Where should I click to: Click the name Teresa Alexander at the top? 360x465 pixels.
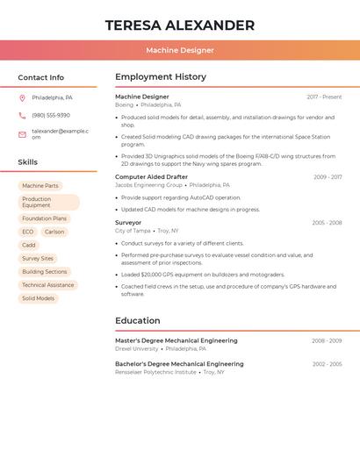click(x=180, y=25)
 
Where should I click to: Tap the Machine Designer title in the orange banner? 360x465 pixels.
click(x=180, y=50)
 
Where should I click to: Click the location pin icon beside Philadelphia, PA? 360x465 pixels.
click(x=22, y=97)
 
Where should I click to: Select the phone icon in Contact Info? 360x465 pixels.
click(x=22, y=115)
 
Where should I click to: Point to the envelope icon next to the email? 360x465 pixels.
click(x=22, y=134)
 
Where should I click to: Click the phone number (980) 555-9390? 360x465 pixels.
click(x=51, y=115)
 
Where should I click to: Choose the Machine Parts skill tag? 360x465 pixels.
click(x=40, y=186)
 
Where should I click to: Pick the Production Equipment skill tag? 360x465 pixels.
click(x=48, y=203)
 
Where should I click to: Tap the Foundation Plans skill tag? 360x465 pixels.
click(x=44, y=218)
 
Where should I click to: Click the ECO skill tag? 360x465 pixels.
click(x=28, y=232)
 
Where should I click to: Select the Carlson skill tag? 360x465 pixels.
click(x=54, y=232)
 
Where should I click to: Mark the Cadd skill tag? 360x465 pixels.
click(x=29, y=245)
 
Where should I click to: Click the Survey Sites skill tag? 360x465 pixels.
click(x=38, y=259)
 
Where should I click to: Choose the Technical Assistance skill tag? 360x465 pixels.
click(x=47, y=285)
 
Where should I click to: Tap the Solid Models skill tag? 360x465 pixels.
click(x=38, y=298)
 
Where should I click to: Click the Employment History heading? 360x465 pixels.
click(x=161, y=77)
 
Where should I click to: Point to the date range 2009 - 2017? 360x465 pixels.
click(x=328, y=177)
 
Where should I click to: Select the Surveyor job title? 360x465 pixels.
click(x=128, y=223)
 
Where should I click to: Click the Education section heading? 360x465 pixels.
click(x=138, y=321)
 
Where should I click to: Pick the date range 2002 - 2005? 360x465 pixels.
click(x=327, y=364)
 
